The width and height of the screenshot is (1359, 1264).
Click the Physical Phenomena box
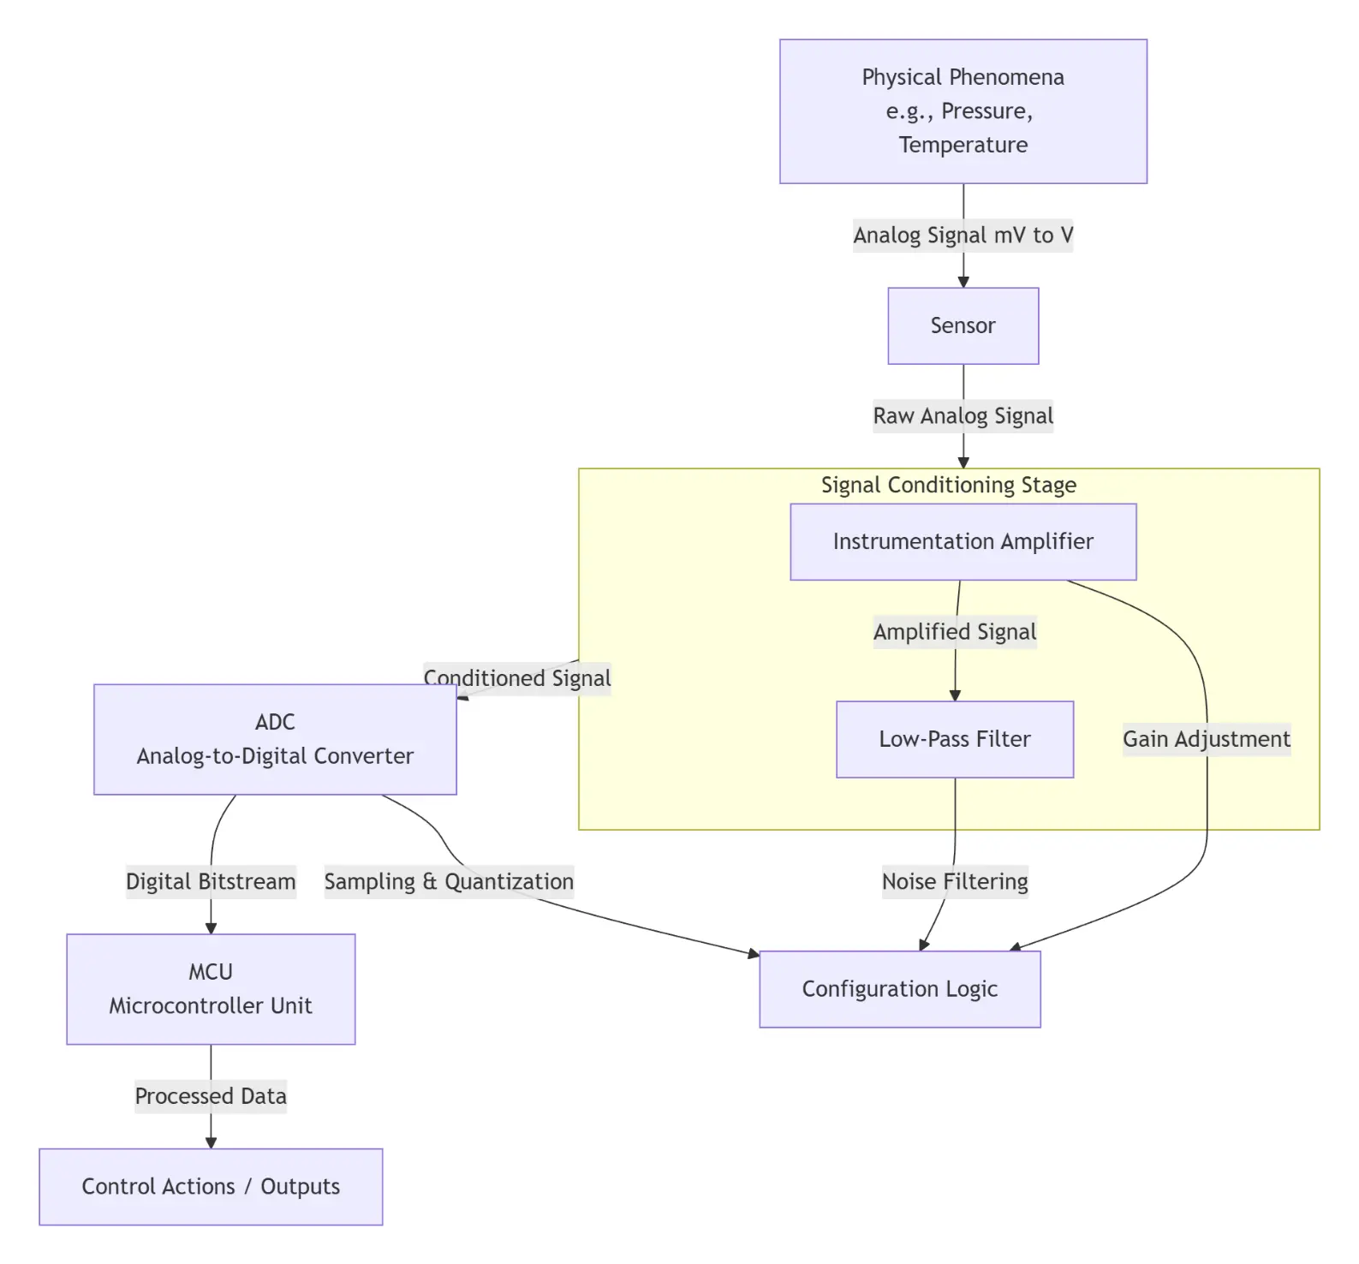(963, 111)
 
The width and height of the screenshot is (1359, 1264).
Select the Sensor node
(963, 325)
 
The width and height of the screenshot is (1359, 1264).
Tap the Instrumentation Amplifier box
(963, 541)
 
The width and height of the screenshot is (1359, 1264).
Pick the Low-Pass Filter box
(954, 739)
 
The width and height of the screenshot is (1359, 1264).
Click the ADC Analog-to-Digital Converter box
(275, 739)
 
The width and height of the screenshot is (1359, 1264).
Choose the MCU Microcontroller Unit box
(211, 988)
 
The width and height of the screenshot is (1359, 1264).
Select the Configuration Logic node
(899, 989)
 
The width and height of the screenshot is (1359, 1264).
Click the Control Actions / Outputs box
(211, 1186)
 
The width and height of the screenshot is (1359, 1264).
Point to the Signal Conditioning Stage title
(948, 486)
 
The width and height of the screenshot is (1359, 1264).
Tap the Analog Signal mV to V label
(963, 236)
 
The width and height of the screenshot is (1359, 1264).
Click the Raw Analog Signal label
(963, 416)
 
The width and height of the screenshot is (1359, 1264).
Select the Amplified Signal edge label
(954, 632)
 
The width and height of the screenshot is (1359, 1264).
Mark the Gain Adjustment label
(1206, 739)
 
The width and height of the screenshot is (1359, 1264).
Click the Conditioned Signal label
(517, 678)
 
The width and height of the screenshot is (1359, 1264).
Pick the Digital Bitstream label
(211, 881)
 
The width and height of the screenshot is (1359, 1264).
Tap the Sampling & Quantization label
(449, 881)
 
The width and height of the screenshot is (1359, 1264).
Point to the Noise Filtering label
(954, 881)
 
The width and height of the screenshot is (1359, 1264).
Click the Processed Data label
(211, 1096)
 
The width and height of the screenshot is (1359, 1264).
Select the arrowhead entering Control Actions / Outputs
(211, 1143)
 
